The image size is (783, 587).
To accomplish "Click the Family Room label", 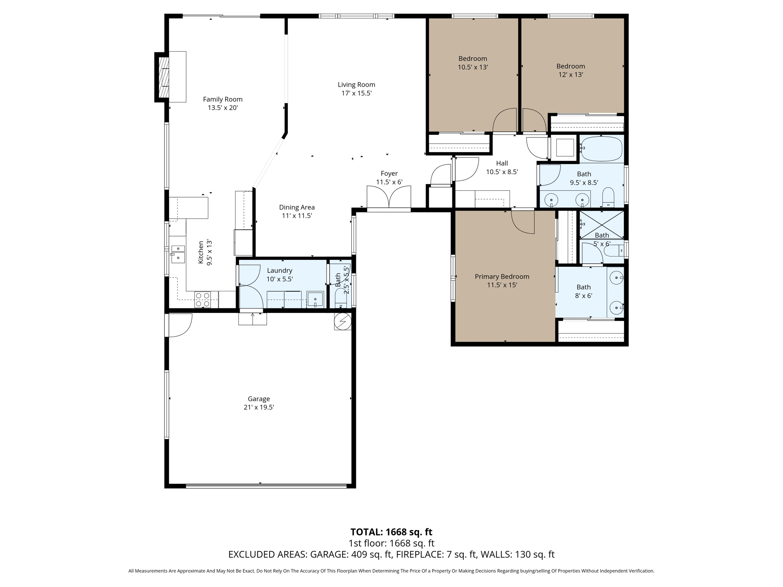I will tap(223, 99).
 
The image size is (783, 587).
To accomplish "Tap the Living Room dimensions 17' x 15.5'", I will tap(356, 93).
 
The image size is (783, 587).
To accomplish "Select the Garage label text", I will tap(258, 399).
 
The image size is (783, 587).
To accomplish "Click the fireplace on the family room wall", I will tap(164, 77).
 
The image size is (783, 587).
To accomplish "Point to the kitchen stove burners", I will tap(202, 300).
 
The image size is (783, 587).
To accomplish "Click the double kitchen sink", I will tap(178, 254).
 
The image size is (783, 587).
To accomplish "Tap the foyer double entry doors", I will tap(389, 197).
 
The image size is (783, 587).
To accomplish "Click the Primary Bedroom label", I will tap(502, 276).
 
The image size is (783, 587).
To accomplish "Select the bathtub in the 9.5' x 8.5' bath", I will tap(601, 149).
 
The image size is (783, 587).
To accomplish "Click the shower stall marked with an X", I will tap(601, 224).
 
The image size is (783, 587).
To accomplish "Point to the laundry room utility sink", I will tap(315, 299).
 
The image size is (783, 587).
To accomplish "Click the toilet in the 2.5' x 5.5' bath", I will tap(340, 298).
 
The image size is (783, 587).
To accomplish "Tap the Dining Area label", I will tap(297, 207).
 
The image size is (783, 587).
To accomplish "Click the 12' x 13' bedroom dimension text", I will tap(570, 75).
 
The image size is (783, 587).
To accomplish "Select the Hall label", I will tap(502, 163).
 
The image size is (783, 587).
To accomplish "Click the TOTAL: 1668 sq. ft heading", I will tap(391, 532).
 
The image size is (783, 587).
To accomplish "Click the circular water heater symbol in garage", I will tap(343, 321).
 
